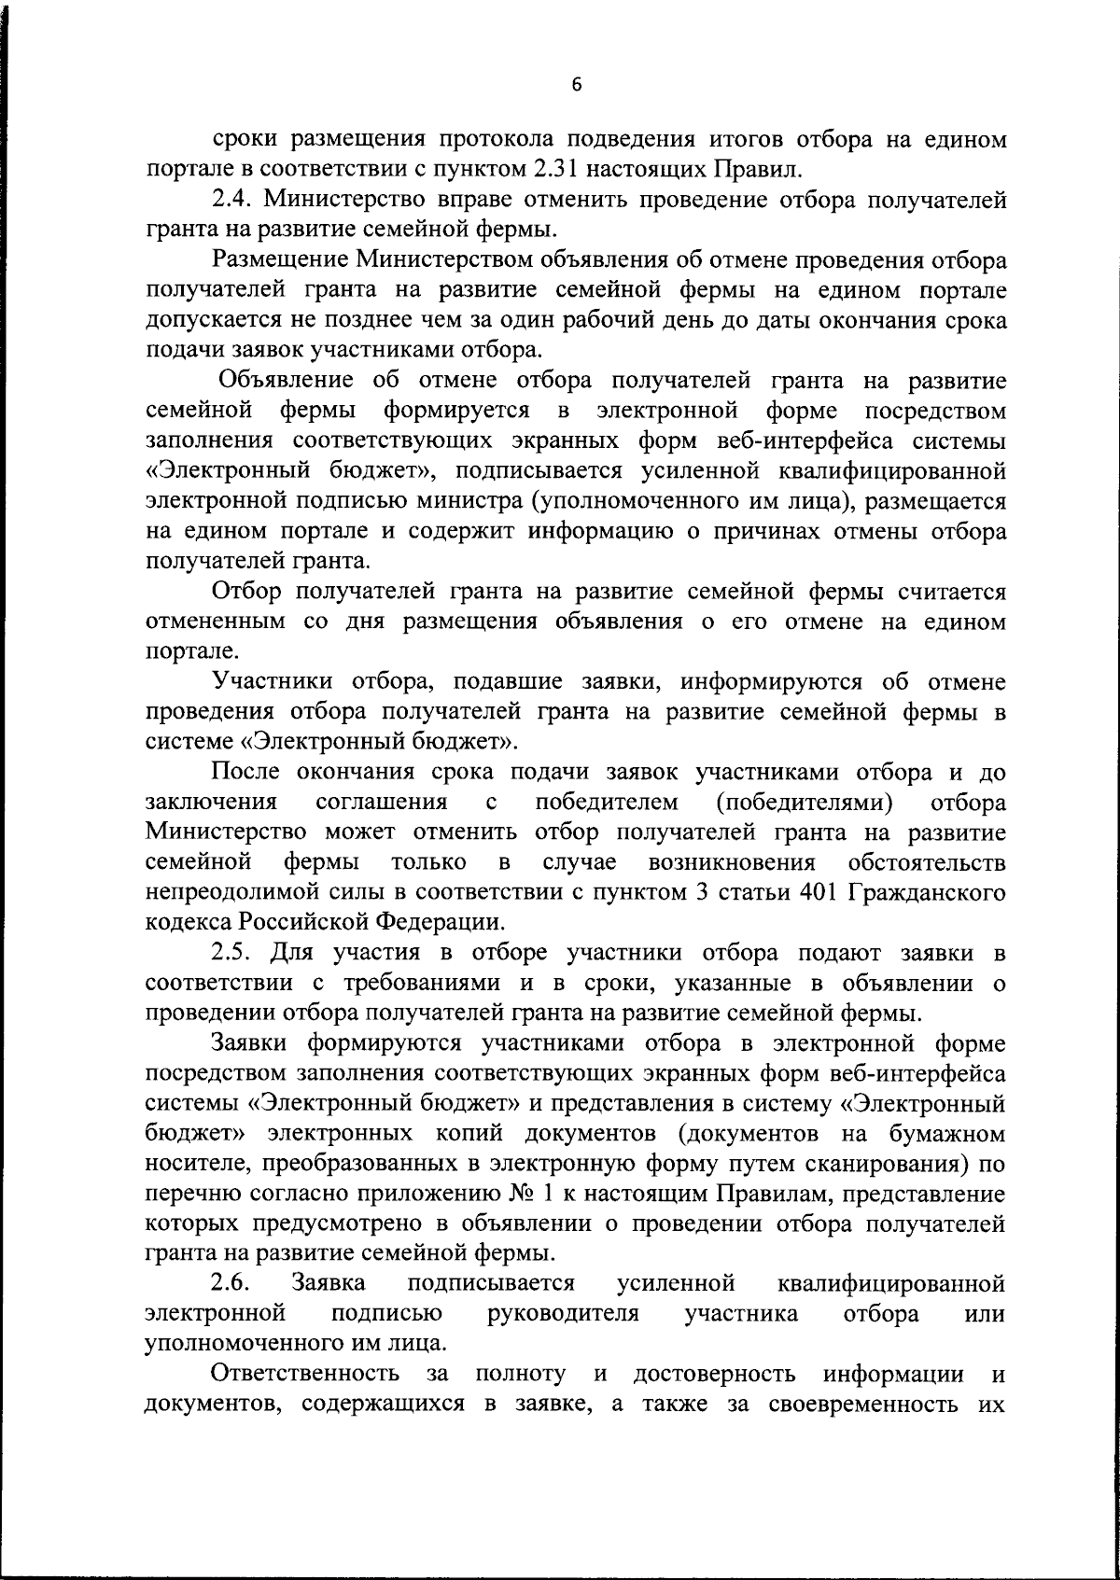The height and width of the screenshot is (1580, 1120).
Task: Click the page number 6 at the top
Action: point(576,85)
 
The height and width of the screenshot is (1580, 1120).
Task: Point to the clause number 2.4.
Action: point(232,199)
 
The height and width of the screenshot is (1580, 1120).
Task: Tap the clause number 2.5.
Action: point(232,953)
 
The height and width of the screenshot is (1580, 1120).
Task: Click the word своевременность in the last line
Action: point(863,1404)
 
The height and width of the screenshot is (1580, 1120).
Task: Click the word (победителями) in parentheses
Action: point(804,802)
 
